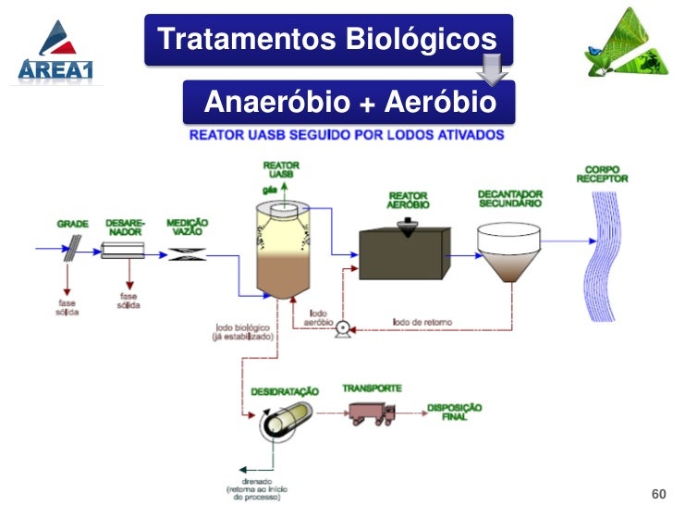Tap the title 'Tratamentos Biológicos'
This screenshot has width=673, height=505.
[x=327, y=40]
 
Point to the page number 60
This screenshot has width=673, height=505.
[x=658, y=491]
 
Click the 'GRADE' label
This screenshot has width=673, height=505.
[x=73, y=224]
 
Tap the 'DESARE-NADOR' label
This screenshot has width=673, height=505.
[x=124, y=228]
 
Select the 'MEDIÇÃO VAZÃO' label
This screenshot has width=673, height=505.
[x=187, y=228]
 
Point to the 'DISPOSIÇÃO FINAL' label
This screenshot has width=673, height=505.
[x=454, y=412]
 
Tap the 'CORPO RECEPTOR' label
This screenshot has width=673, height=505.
[x=602, y=174]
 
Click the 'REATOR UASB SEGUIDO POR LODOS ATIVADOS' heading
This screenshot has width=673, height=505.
[x=347, y=134]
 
